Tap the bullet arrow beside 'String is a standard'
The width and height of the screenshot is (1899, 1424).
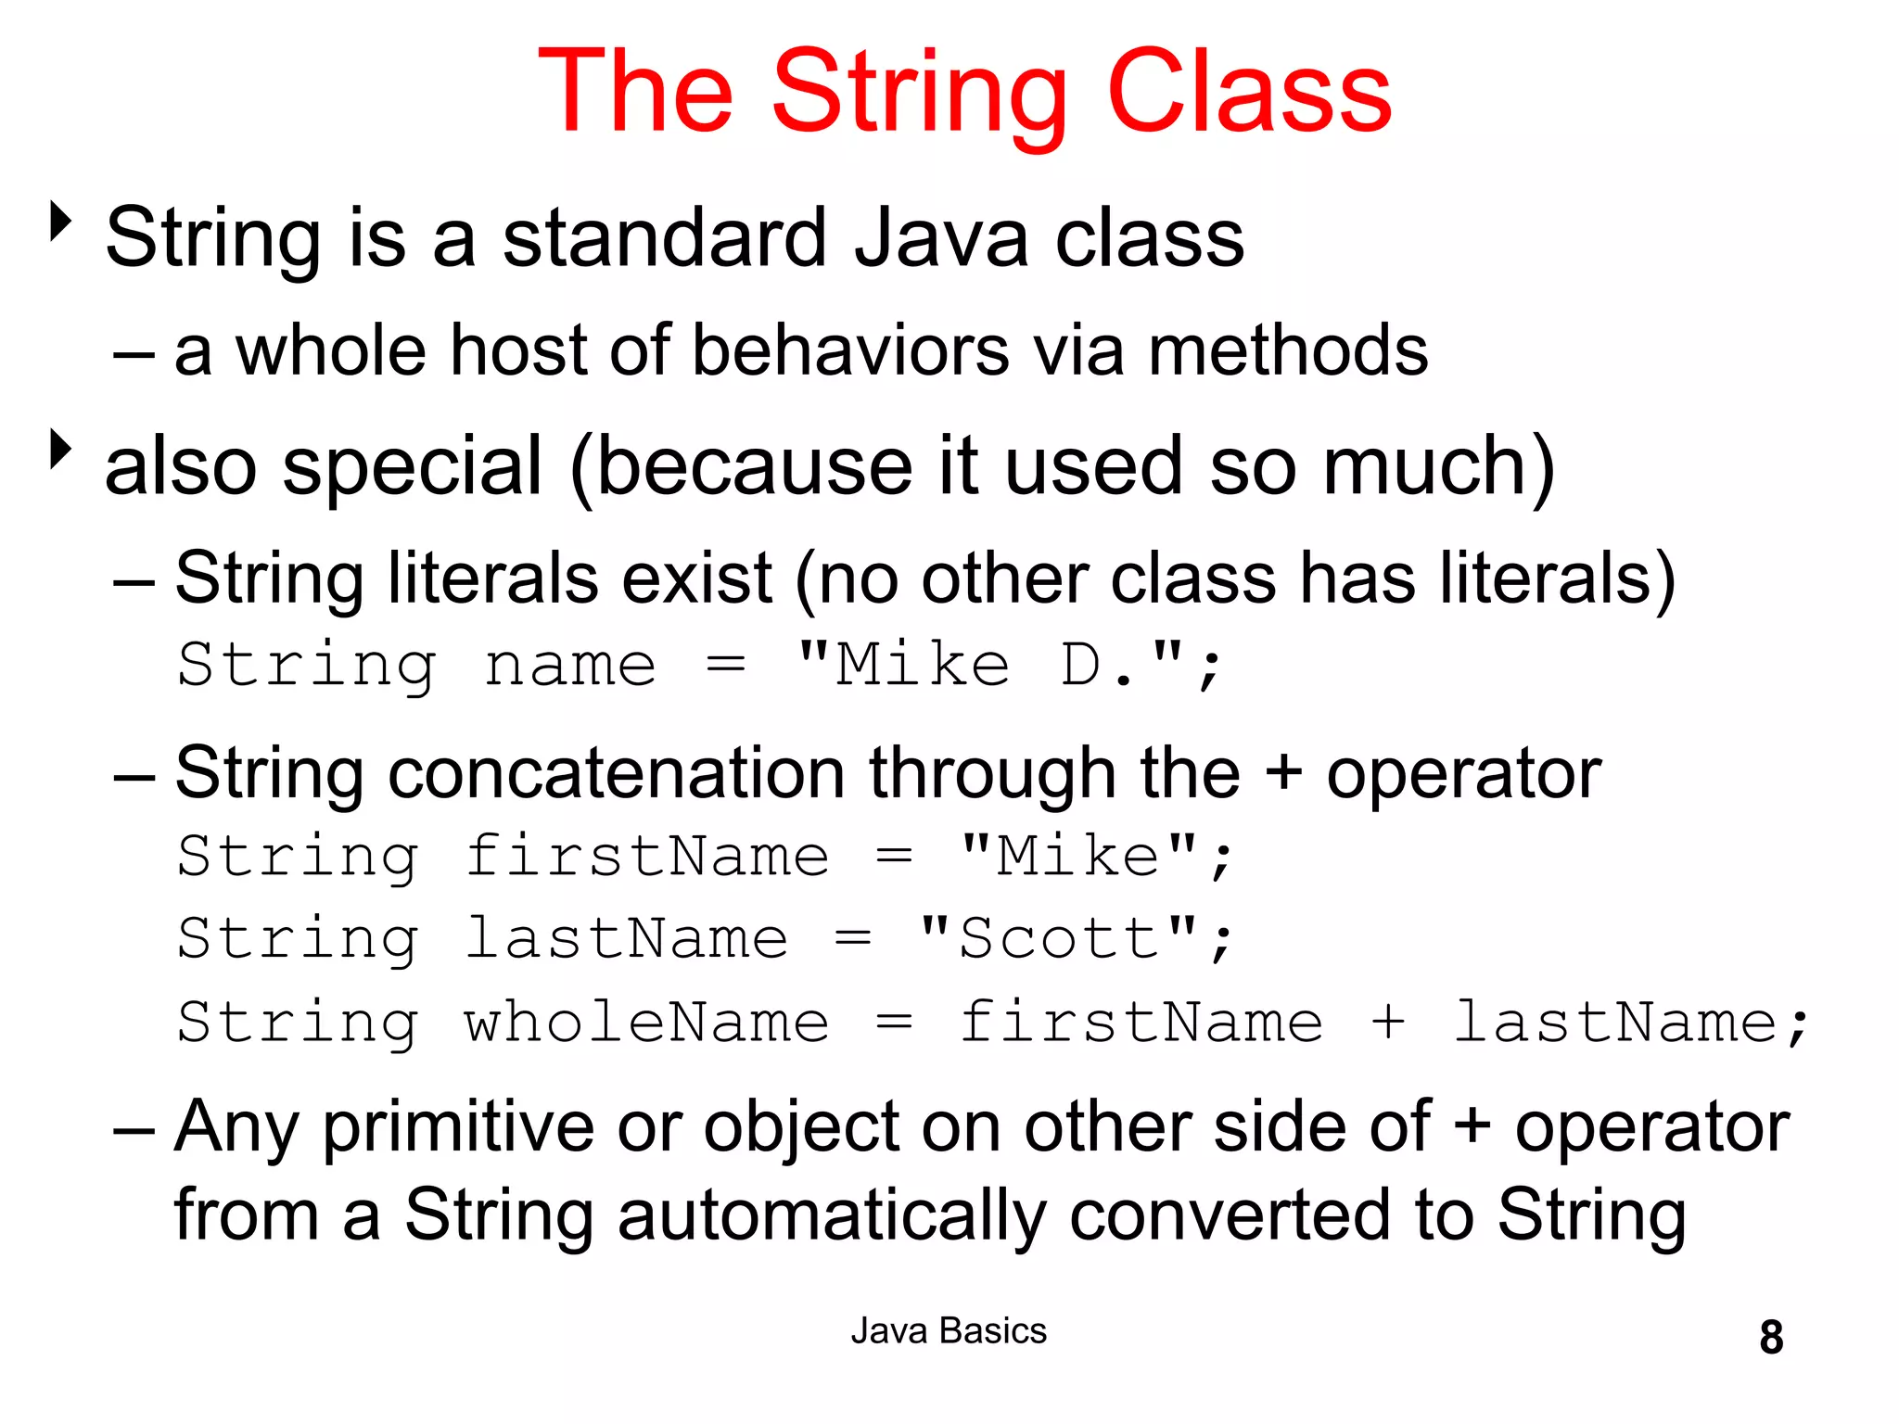61,222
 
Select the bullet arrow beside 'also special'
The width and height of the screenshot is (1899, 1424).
61,449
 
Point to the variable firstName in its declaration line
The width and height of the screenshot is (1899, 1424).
646,856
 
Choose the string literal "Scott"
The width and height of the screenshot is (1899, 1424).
1057,938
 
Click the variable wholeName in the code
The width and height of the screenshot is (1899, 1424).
646,1023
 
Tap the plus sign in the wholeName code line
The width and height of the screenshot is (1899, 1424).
1388,1023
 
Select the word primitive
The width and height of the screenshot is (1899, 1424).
458,1128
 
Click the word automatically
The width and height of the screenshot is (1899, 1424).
832,1215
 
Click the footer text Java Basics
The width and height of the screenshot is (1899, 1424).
949,1331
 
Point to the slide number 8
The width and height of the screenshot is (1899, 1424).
1771,1337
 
